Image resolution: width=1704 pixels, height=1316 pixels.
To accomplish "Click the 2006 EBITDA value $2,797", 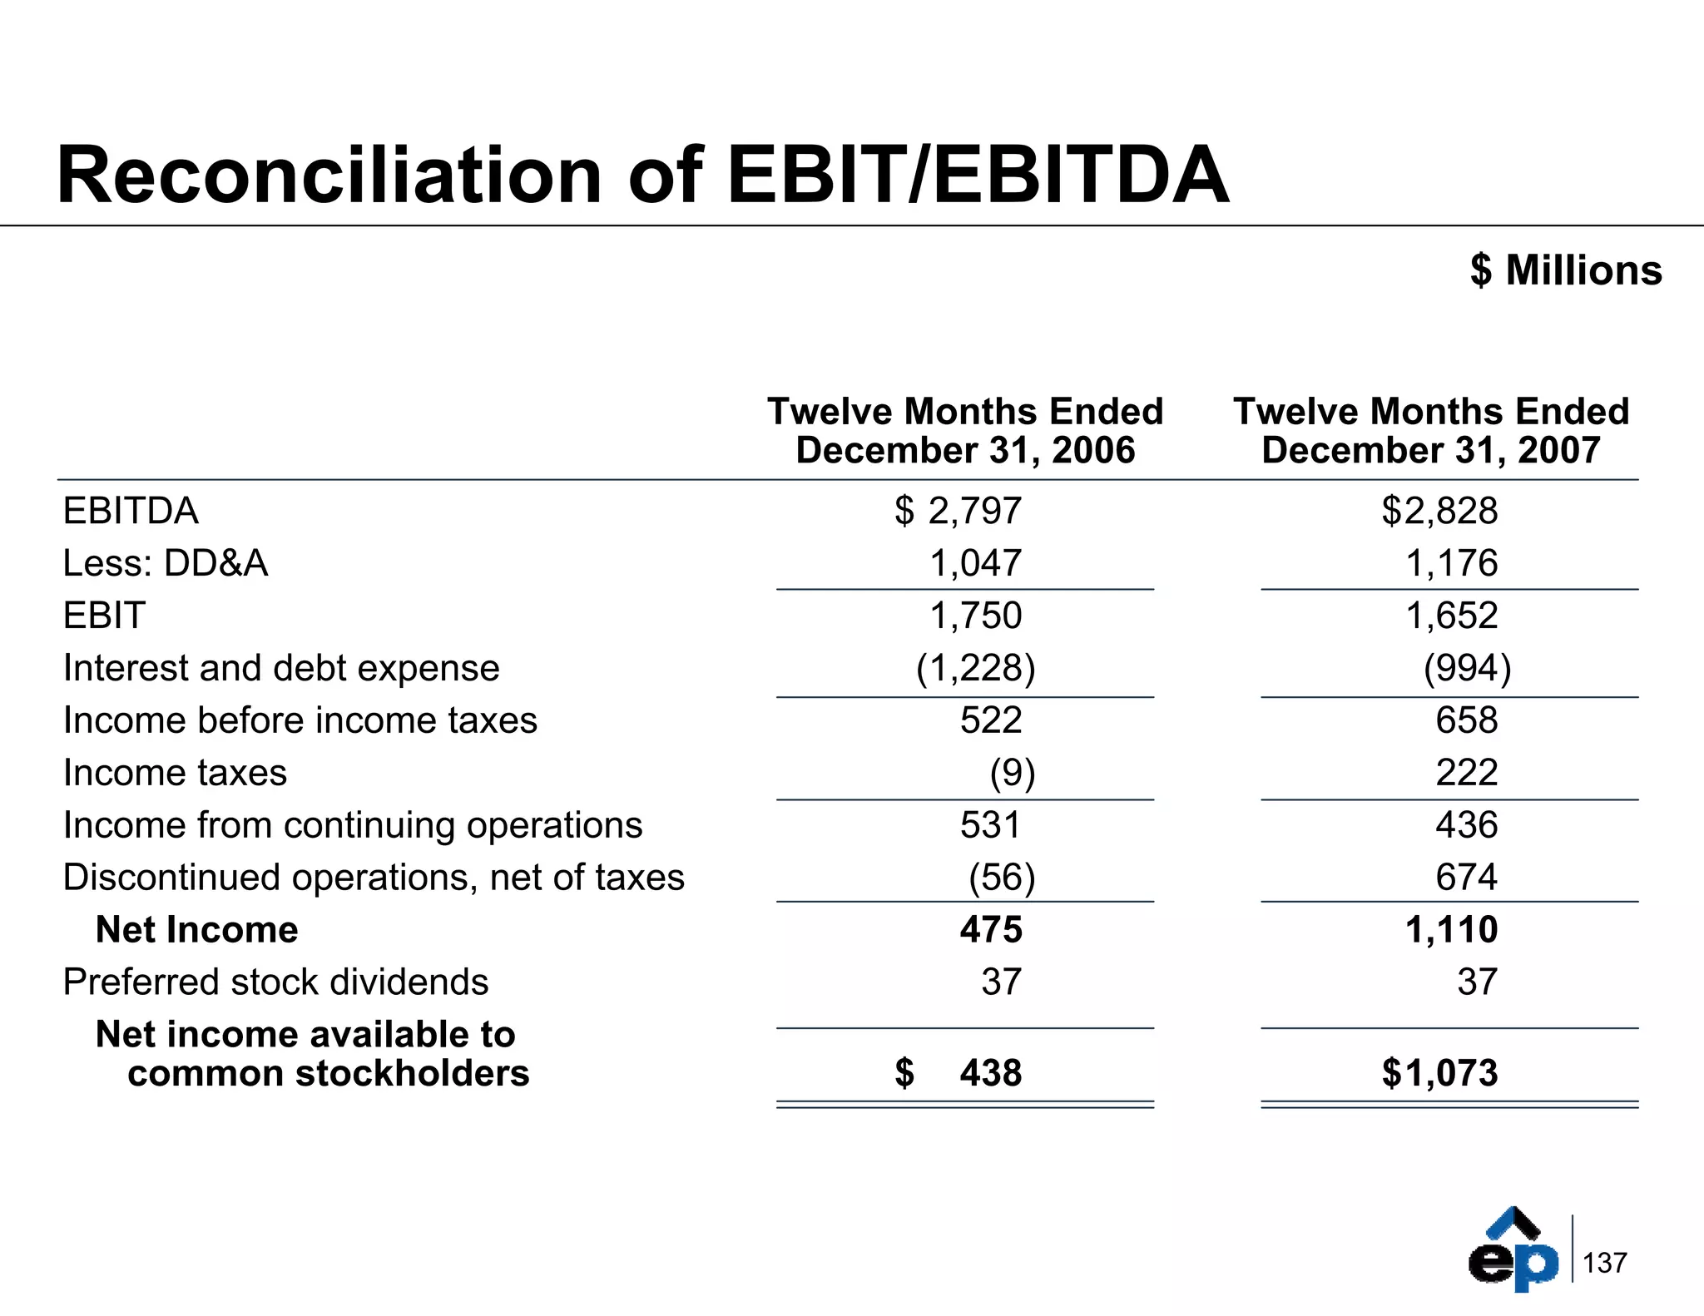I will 958,511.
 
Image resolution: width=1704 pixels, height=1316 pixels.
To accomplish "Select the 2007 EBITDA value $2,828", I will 1439,511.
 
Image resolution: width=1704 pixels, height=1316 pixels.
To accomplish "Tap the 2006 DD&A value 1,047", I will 975,563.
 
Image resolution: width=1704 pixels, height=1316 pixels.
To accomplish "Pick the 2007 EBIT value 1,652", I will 1452,616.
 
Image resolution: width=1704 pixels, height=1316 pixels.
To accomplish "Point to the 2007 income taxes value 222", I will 1466,773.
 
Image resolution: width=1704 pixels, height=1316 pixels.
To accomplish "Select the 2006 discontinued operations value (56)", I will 1002,878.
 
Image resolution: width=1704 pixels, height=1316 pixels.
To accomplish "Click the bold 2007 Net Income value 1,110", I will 1452,930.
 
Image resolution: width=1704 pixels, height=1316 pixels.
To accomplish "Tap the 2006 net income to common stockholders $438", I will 958,1073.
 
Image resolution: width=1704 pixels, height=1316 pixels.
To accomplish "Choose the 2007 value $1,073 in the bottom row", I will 1439,1073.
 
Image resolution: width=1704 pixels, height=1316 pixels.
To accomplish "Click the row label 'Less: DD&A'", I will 166,563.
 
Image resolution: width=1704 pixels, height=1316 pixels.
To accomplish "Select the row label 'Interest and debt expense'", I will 281,668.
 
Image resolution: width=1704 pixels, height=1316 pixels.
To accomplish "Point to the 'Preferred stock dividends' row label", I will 275,982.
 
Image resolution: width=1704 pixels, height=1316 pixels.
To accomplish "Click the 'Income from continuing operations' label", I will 353,825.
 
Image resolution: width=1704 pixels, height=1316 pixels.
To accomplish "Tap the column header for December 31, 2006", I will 965,431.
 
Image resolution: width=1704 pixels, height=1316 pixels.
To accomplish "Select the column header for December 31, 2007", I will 1431,431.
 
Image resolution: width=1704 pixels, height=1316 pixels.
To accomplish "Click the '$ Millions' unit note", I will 1566,270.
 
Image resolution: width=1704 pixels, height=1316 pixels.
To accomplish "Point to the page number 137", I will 1604,1263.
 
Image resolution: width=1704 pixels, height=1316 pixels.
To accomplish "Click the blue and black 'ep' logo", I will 1513,1249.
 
